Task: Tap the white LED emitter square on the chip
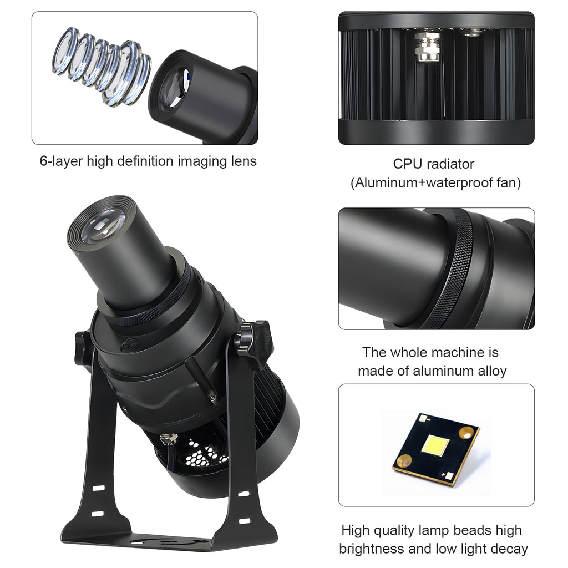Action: pyautogui.click(x=437, y=445)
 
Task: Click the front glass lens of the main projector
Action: pyautogui.click(x=101, y=226)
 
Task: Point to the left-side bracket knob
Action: pyautogui.click(x=83, y=347)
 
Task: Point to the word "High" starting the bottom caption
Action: pyautogui.click(x=355, y=530)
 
